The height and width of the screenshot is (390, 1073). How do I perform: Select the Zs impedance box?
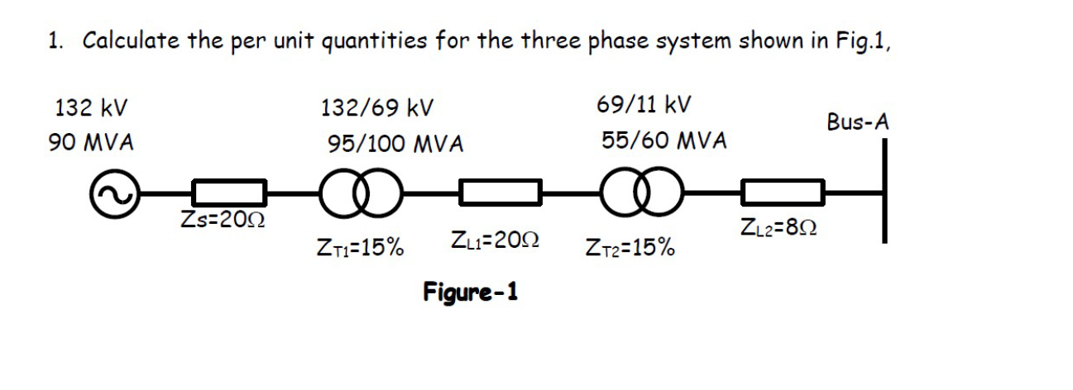pyautogui.click(x=229, y=193)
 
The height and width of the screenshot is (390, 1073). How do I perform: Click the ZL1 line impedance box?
pyautogui.click(x=501, y=193)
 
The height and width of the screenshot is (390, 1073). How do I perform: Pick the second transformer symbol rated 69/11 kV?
pyautogui.click(x=643, y=194)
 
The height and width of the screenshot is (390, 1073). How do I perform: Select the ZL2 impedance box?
pyautogui.click(x=783, y=193)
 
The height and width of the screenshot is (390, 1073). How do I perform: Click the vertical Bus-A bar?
pyautogui.click(x=884, y=191)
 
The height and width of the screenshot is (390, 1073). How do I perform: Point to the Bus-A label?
pyautogui.click(x=858, y=122)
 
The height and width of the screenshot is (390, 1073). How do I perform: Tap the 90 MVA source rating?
pyautogui.click(x=91, y=142)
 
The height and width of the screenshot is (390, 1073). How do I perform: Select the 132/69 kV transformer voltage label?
pyautogui.click(x=377, y=108)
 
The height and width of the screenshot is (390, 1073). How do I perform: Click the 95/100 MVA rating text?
pyautogui.click(x=395, y=145)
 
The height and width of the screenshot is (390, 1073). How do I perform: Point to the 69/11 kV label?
pyautogui.click(x=644, y=107)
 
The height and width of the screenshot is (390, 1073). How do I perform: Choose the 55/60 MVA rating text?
pyautogui.click(x=664, y=141)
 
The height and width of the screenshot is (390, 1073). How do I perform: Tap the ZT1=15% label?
pyautogui.click(x=360, y=247)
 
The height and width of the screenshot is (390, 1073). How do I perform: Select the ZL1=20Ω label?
pyautogui.click(x=496, y=242)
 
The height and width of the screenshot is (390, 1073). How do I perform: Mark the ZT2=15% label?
pyautogui.click(x=629, y=247)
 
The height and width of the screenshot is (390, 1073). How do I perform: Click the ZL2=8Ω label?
pyautogui.click(x=779, y=226)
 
